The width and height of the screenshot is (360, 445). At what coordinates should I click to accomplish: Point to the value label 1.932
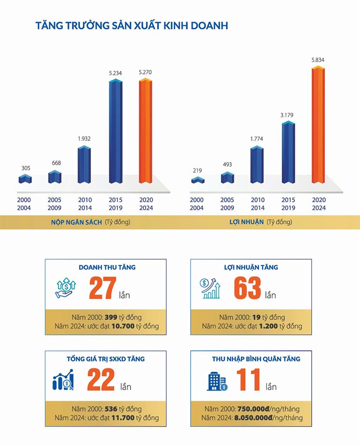[x=85, y=139]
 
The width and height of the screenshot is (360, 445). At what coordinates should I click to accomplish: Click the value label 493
[x=228, y=164]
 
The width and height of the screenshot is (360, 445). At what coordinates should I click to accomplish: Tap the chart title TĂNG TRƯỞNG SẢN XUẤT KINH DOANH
[x=132, y=26]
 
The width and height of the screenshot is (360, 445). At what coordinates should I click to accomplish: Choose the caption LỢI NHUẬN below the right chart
[x=247, y=222]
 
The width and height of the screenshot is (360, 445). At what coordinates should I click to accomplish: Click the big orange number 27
[x=102, y=289]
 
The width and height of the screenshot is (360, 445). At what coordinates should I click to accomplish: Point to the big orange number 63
[x=248, y=289]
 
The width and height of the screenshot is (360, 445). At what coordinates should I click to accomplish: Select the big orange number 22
[x=101, y=380]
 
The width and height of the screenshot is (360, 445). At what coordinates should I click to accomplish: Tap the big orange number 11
[x=248, y=380]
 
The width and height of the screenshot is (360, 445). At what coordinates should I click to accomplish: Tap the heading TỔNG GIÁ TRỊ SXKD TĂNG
[x=106, y=359]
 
